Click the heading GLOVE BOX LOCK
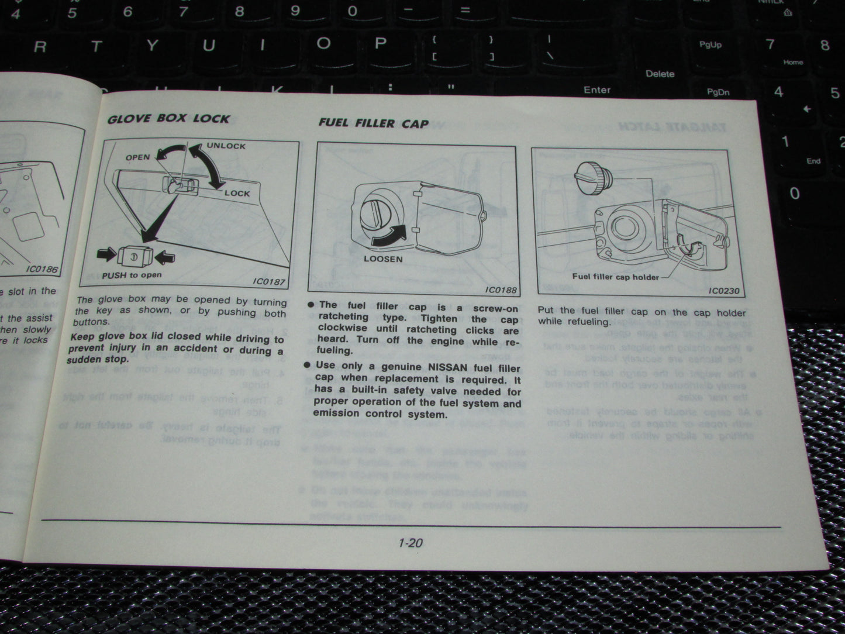coord(168,118)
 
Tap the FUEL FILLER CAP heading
coord(373,123)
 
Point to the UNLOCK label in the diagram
coord(226,146)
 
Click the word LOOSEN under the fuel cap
coord(383,259)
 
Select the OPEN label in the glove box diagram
coord(137,157)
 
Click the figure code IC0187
coord(268,281)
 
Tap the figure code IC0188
coord(501,290)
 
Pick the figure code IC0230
coord(723,290)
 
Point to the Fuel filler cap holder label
coord(615,277)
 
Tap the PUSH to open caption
coord(132,275)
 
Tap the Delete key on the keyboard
coord(660,74)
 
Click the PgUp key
coord(710,44)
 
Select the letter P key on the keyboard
coord(380,43)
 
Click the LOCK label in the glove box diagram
coord(237,193)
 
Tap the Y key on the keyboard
coord(152,46)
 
